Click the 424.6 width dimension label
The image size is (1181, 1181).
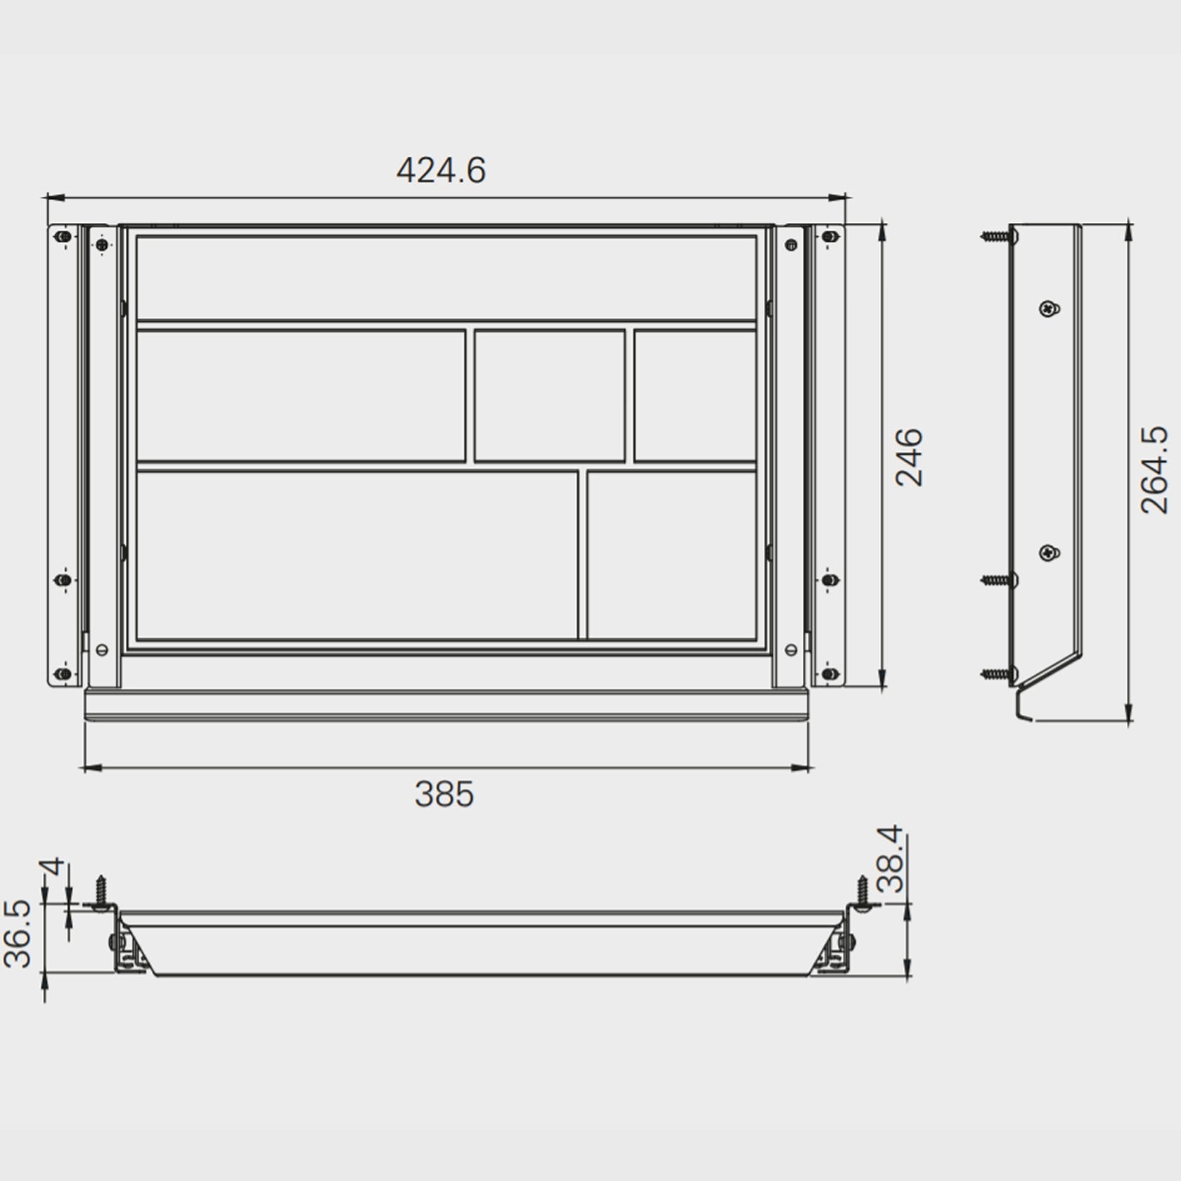pos(441,171)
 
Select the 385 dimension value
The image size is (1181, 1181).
pos(444,794)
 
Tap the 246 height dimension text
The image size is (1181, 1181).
pos(909,457)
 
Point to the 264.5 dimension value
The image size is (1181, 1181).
pos(1154,470)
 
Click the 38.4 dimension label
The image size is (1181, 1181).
pos(892,859)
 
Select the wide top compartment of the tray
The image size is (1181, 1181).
pos(446,278)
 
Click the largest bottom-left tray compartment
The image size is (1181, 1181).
pos(356,555)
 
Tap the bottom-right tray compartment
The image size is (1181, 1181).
pos(671,555)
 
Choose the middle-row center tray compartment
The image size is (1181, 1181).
pos(550,396)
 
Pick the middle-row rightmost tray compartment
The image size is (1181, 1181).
pos(695,396)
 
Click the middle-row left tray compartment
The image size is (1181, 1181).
pos(301,396)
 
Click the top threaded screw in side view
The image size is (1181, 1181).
pos(997,237)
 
